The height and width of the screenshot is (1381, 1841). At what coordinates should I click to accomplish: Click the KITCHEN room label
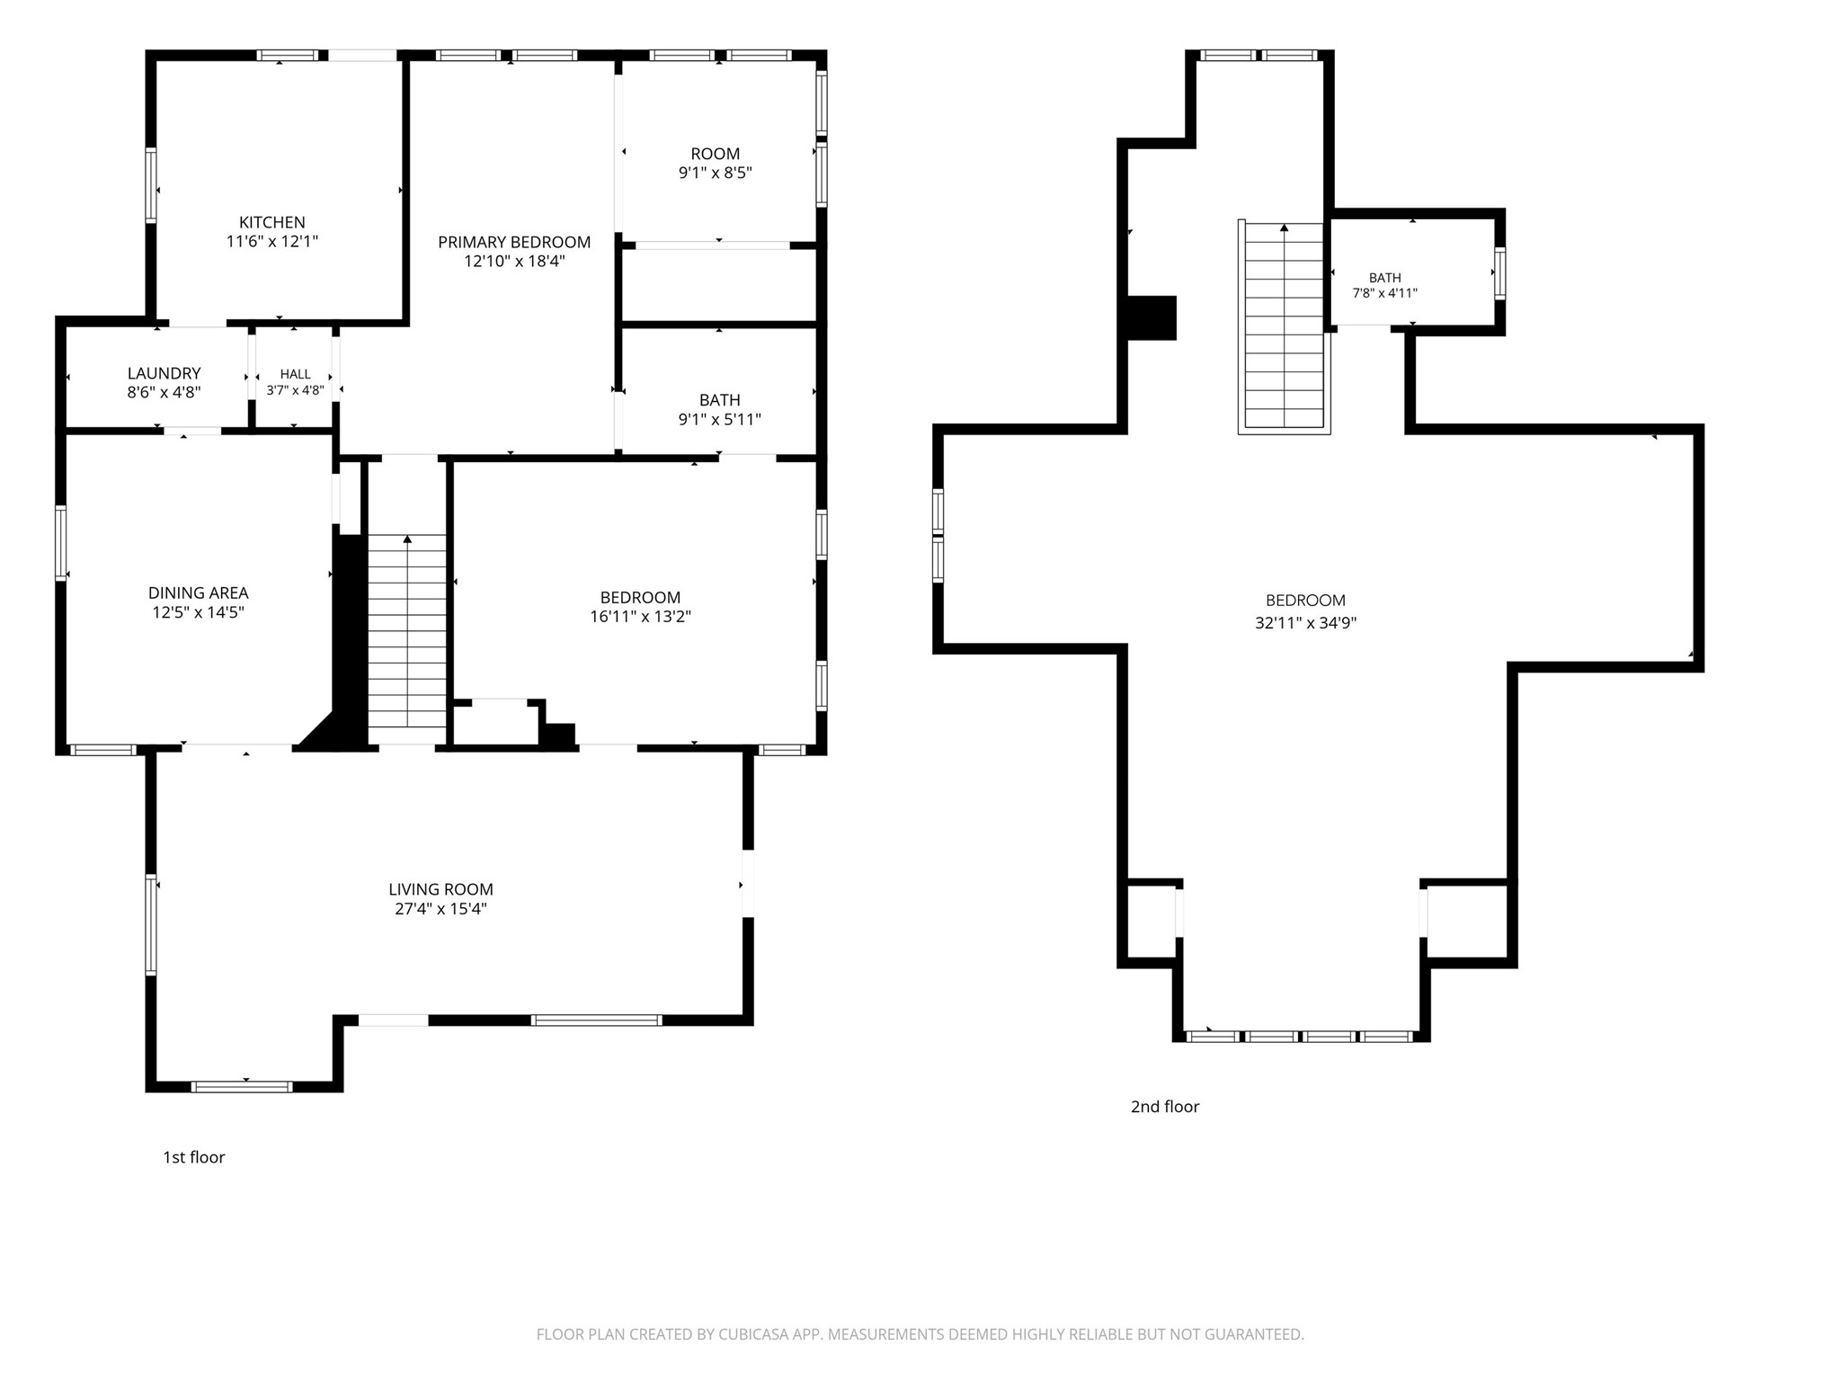(271, 222)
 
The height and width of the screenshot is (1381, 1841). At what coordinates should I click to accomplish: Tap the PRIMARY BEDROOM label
(514, 242)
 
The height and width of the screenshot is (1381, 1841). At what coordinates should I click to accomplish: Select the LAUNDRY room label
(164, 373)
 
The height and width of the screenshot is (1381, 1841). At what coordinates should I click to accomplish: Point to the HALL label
(295, 374)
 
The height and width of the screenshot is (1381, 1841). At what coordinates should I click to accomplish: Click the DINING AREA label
(198, 593)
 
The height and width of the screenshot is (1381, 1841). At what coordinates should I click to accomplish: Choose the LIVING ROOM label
(440, 889)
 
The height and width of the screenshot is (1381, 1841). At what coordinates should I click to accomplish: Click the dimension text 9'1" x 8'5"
(715, 173)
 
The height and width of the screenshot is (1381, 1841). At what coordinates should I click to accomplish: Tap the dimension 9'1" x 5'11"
(719, 419)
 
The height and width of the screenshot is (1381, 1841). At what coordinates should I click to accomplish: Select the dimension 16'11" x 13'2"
(640, 617)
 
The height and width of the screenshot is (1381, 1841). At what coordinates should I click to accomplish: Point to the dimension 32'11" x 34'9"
(1305, 622)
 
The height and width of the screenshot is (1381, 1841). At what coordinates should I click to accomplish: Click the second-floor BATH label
(1384, 278)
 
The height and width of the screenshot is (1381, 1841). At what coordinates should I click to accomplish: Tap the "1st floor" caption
(193, 1157)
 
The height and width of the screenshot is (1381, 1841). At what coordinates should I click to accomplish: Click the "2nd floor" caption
(1165, 1107)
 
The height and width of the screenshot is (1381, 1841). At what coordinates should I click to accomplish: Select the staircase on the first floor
(407, 631)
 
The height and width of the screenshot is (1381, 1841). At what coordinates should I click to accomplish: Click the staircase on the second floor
(1284, 327)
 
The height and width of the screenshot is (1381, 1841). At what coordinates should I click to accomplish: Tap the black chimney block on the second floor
(1152, 318)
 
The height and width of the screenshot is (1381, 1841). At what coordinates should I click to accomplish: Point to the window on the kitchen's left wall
(151, 184)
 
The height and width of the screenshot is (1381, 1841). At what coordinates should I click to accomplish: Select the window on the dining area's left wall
(61, 542)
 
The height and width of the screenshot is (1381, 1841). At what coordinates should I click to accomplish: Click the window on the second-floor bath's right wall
(1499, 273)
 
